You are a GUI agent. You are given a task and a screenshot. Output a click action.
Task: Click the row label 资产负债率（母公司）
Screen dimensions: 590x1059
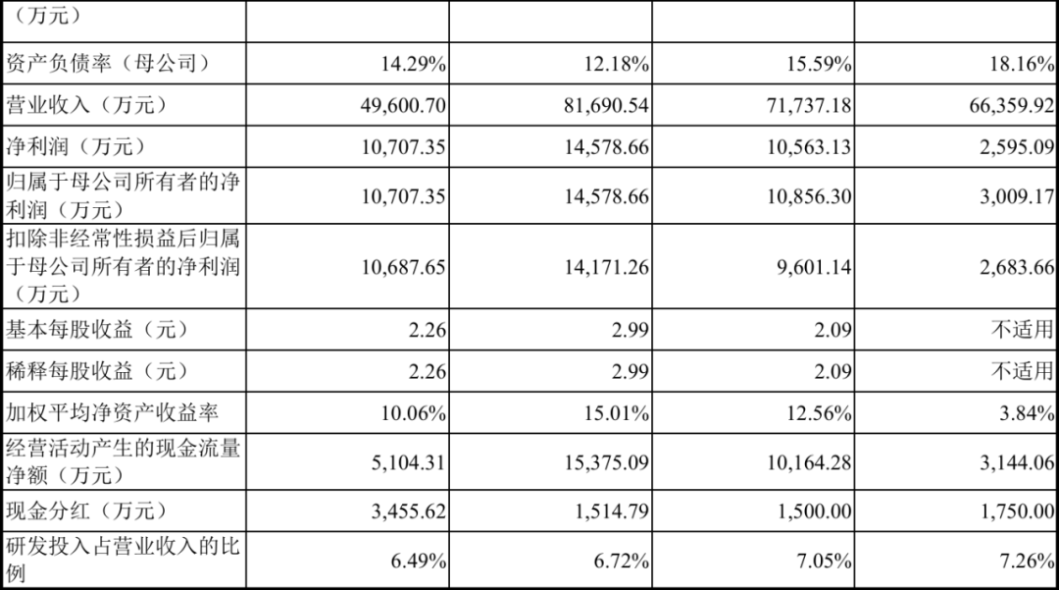[108, 65]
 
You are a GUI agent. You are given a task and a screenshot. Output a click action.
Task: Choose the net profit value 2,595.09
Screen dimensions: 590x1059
[1016, 147]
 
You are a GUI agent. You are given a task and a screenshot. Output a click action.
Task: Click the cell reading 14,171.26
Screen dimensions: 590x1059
[607, 267]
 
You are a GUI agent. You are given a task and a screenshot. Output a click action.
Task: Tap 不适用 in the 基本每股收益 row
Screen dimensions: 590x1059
[1023, 330]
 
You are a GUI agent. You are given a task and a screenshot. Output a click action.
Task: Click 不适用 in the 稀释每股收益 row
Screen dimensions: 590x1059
[1023, 371]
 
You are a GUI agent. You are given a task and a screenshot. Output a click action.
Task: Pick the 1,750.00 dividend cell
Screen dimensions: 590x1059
[1016, 512]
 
